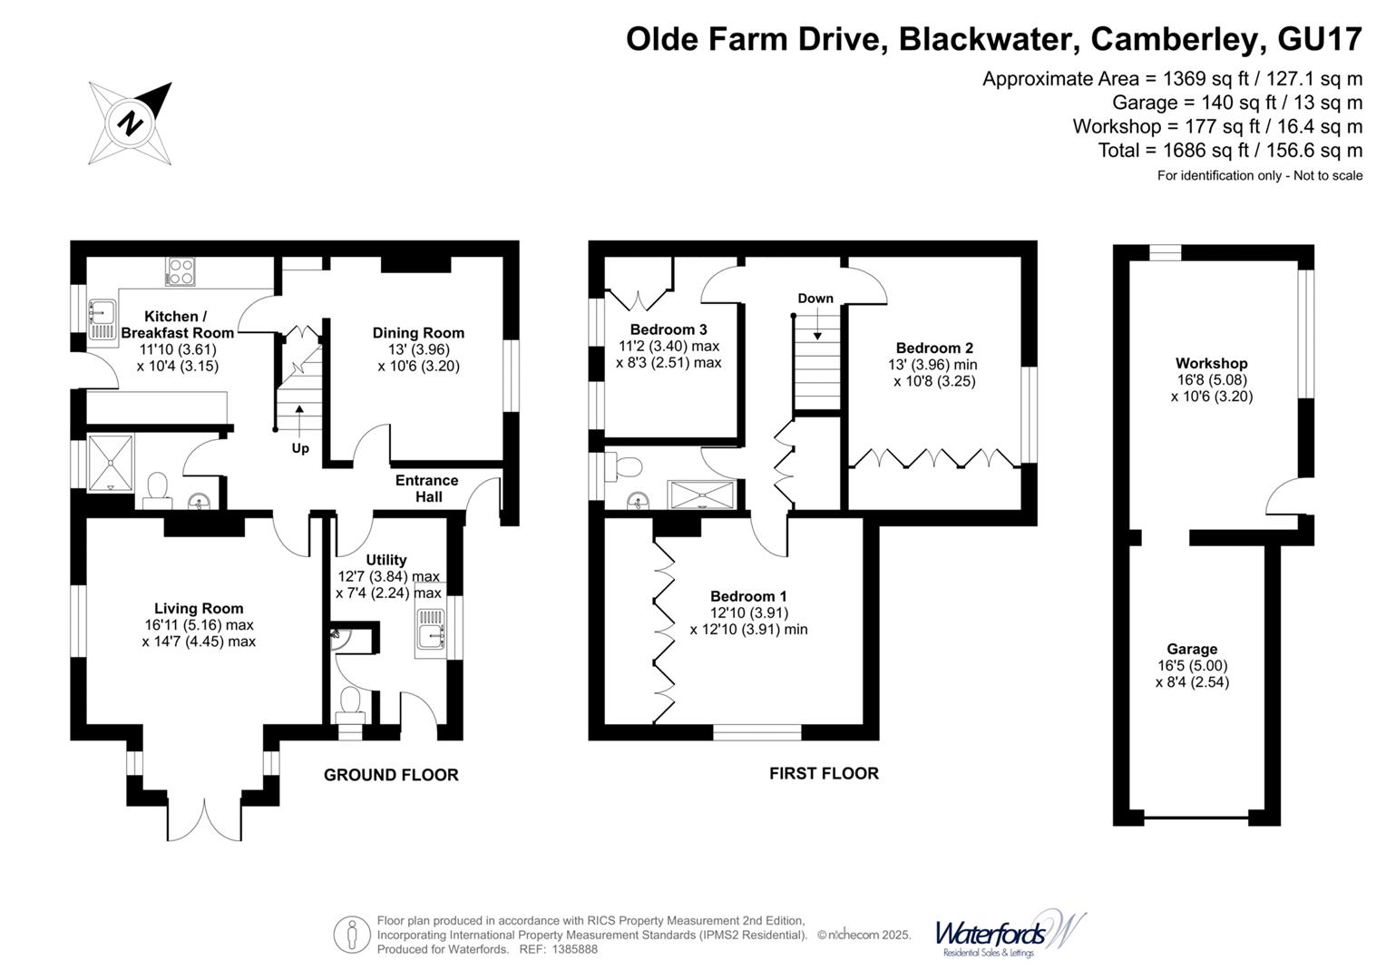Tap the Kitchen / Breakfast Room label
pos(177,324)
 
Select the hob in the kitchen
pos(180,271)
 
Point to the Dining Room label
pos(418,333)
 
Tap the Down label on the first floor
pos(815,299)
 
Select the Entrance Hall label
pos(426,488)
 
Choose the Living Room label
pos(199,608)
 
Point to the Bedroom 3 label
pos(669,329)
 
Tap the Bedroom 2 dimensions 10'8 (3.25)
pos(934,381)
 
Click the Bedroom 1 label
pos(748,596)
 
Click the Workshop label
pos(1211,363)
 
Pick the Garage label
pos(1192,649)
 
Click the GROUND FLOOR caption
pos(391,775)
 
